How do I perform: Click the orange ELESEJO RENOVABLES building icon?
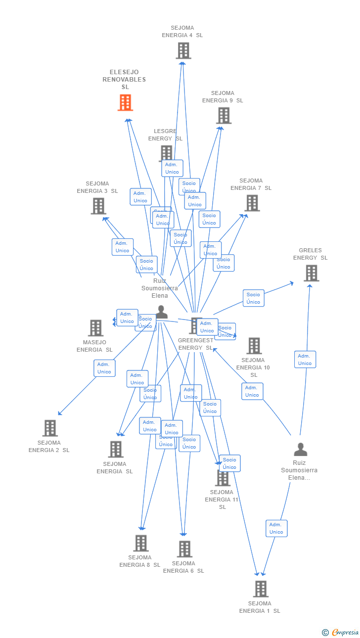pos(125,102)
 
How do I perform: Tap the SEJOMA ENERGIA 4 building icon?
pos(183,50)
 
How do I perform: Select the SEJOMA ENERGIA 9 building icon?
pos(224,115)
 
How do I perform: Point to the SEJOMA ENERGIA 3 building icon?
pos(98,206)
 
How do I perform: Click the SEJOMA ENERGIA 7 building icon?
pos(252,203)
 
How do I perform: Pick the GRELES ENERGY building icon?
pos(311,273)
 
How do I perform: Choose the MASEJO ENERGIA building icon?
pos(95,327)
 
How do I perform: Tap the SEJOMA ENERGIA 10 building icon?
pos(254,346)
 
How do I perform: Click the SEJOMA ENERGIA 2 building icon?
pos(50,428)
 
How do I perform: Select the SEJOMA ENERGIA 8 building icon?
pos(140,543)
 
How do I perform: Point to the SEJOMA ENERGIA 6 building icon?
pos(184,549)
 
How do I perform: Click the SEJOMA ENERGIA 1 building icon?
pos(261,589)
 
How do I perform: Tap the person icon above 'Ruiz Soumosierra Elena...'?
pos(300,449)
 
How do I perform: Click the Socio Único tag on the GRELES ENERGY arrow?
pos(253,298)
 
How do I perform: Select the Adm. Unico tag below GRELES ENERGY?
pos(305,360)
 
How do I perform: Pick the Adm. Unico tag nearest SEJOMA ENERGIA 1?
pos(276,528)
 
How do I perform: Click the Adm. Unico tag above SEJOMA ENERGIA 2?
pos(104,368)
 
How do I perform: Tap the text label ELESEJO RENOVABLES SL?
pos(124,80)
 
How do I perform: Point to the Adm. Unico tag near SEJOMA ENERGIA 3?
pos(122,247)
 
